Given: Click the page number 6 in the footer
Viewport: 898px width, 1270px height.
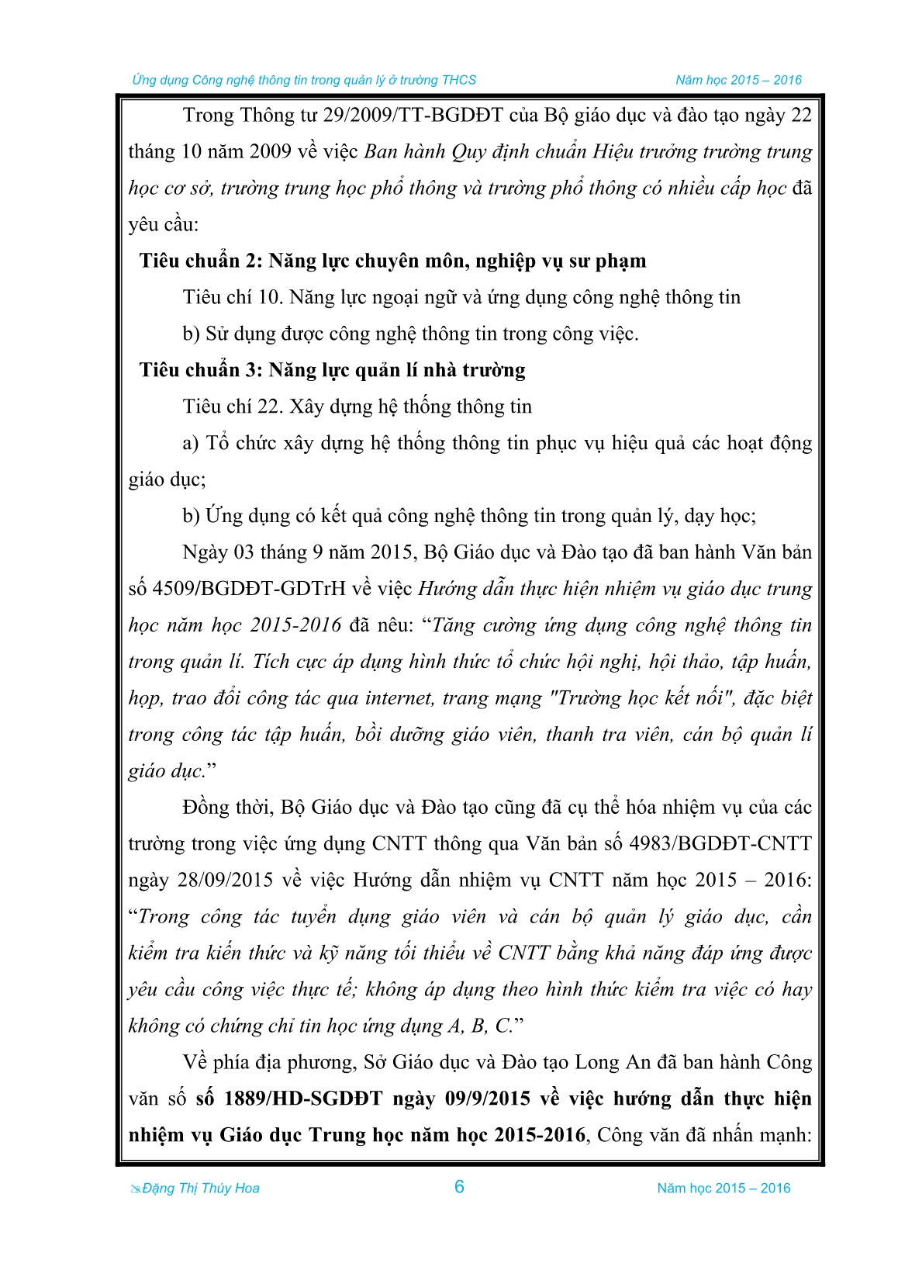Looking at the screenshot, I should (459, 1186).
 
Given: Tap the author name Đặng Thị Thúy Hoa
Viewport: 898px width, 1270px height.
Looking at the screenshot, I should (200, 1189).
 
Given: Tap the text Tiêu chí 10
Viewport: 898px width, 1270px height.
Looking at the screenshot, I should (230, 298).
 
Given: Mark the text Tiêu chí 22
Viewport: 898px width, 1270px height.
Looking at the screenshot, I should (230, 407).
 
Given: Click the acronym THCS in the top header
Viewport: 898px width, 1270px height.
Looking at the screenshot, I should (459, 80).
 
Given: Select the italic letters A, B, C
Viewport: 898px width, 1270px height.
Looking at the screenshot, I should (480, 1026).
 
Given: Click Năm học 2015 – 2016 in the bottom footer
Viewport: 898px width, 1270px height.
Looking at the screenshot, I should (724, 1189).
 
